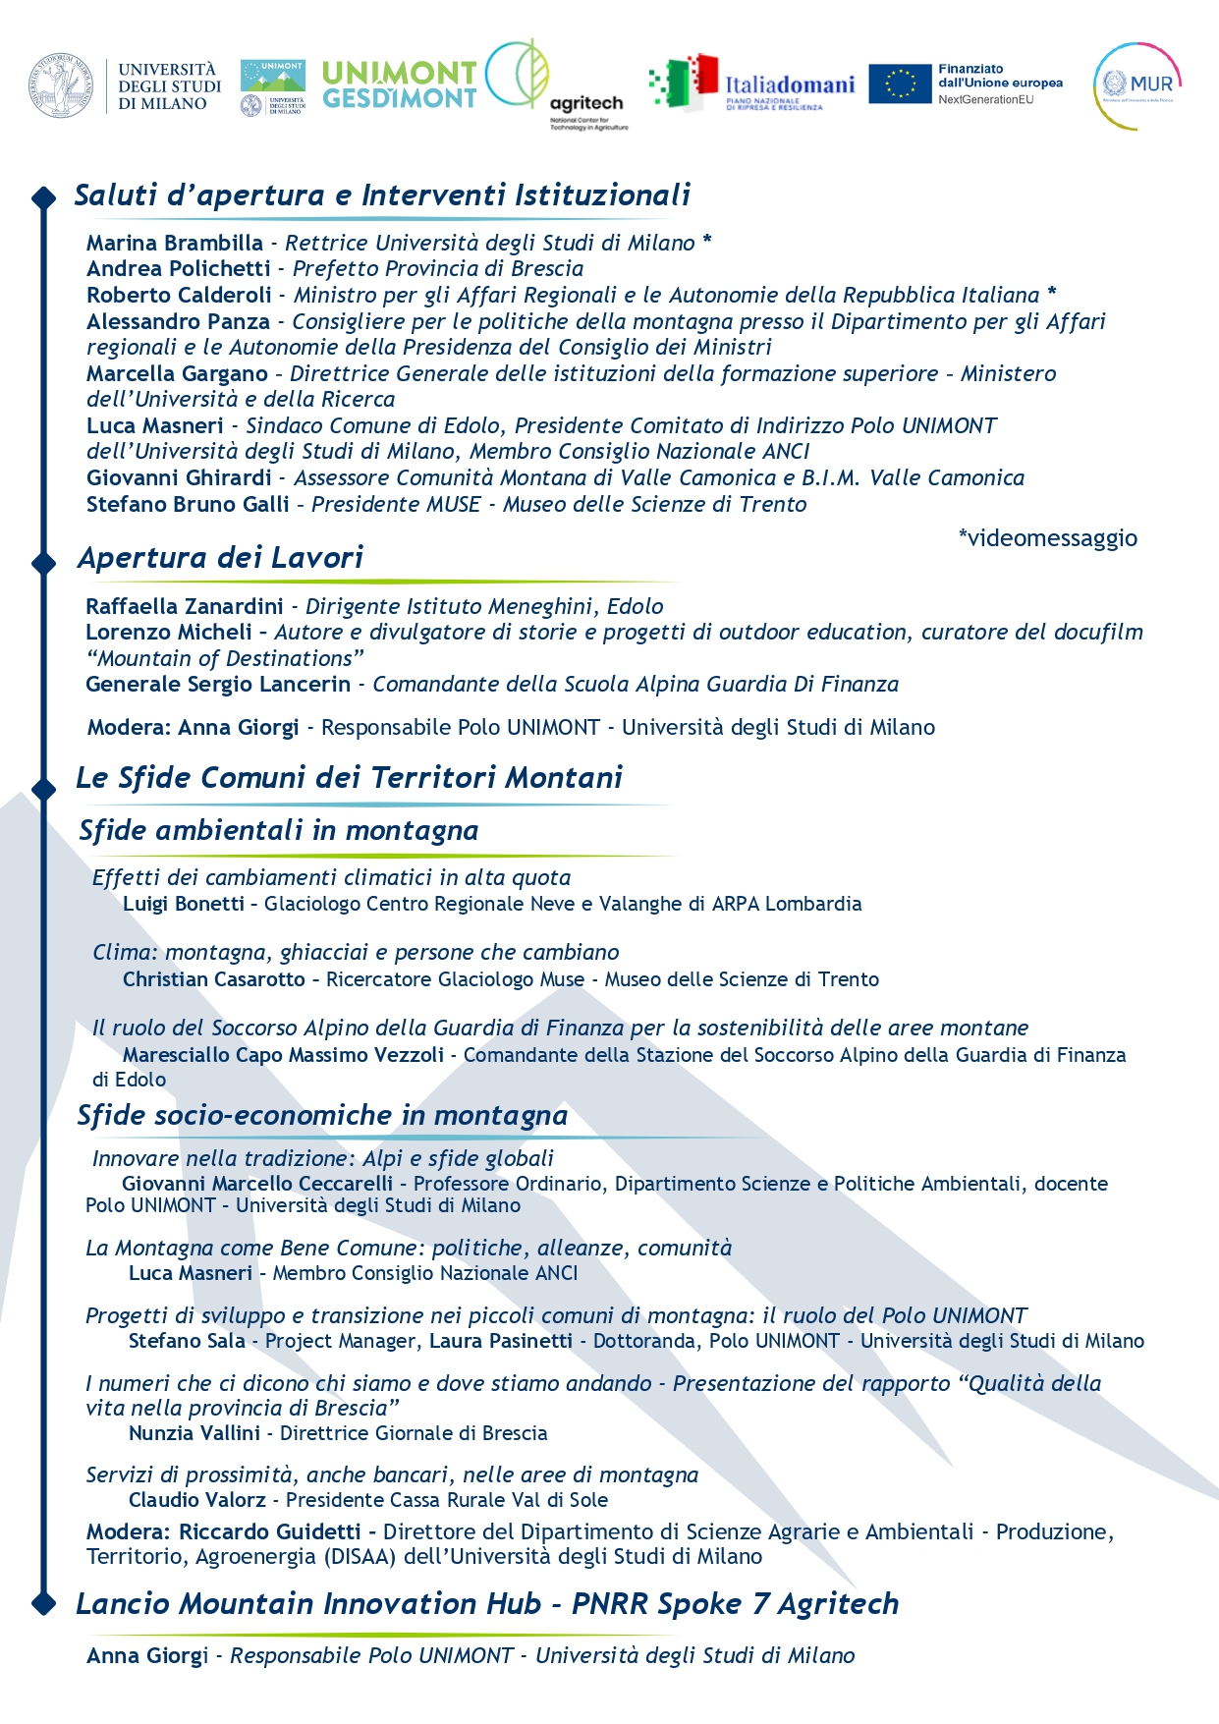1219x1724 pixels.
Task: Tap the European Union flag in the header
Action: coord(899,84)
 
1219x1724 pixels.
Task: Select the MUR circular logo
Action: coord(1137,85)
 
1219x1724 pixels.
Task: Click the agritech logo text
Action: coord(586,103)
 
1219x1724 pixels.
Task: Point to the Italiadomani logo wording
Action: coord(790,84)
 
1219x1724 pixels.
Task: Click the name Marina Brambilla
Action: coord(175,243)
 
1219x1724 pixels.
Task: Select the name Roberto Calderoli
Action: coord(179,295)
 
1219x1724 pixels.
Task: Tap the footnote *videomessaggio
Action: coord(1047,537)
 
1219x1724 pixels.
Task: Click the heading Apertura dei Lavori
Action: coord(221,558)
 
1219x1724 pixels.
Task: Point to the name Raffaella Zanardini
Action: coord(185,606)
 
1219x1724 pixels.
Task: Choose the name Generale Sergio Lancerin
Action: coord(218,684)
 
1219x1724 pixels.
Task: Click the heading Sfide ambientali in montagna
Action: coord(279,831)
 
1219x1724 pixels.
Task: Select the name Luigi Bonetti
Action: coord(184,904)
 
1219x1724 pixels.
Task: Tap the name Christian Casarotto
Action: coord(214,979)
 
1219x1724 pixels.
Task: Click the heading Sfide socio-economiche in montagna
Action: coord(322,1116)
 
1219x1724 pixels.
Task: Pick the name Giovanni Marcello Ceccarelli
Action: coord(257,1184)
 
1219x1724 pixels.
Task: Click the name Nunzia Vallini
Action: coord(194,1433)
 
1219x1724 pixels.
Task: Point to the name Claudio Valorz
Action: coord(197,1500)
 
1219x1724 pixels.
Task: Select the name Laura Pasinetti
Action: coord(501,1341)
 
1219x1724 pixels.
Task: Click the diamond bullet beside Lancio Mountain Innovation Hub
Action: coord(43,1603)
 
